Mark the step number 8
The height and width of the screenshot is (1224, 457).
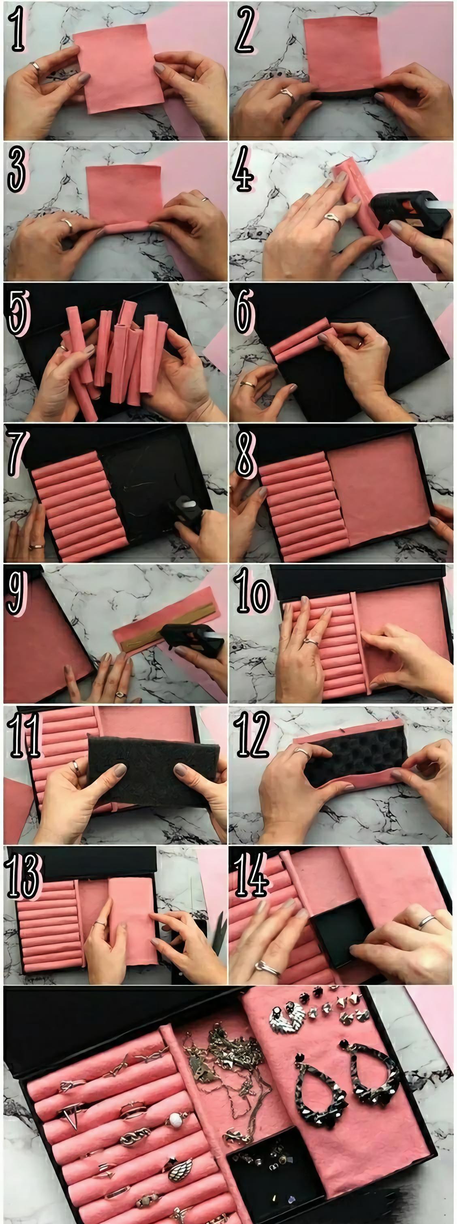click(x=245, y=454)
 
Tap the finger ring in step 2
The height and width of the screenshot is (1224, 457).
click(x=287, y=93)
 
